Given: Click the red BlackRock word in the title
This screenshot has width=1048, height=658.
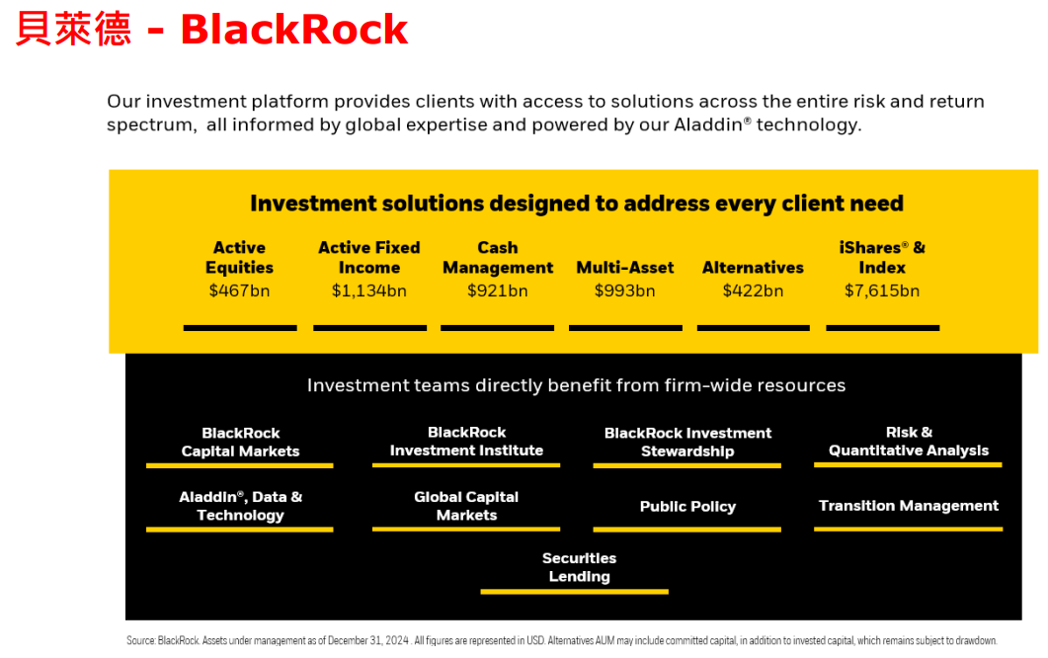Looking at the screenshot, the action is pyautogui.click(x=294, y=30).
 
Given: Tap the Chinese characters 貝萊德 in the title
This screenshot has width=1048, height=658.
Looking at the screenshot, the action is pyautogui.click(x=73, y=30).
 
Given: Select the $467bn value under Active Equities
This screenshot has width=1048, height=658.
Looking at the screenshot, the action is pyautogui.click(x=239, y=290).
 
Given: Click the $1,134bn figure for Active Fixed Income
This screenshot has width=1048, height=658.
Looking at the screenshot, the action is pyautogui.click(x=369, y=290).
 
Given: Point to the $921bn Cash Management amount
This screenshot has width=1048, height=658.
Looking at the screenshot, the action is pyautogui.click(x=497, y=290).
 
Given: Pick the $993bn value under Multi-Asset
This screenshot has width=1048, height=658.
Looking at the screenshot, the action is pyautogui.click(x=625, y=290).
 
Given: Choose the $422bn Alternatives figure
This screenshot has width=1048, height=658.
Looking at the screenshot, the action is pyautogui.click(x=753, y=290).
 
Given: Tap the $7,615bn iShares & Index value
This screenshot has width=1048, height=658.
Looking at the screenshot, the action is pyautogui.click(x=882, y=290).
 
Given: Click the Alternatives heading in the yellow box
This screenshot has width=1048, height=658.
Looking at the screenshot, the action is pyautogui.click(x=753, y=268).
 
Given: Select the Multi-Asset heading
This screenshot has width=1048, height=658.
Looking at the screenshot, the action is pyautogui.click(x=625, y=268).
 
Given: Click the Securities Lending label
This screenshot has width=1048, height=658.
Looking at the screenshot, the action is pyautogui.click(x=580, y=567).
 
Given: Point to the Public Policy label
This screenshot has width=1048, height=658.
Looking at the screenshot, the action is pyautogui.click(x=687, y=506).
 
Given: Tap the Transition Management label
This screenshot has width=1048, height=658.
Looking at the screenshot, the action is pyautogui.click(x=909, y=506).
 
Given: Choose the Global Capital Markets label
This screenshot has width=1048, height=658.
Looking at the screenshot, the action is pyautogui.click(x=466, y=506).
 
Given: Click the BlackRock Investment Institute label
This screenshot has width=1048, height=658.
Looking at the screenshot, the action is pyautogui.click(x=466, y=442).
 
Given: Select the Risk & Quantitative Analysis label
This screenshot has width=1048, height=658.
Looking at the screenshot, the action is pyautogui.click(x=909, y=442).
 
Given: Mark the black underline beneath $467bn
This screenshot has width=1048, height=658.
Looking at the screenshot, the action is pyautogui.click(x=240, y=328).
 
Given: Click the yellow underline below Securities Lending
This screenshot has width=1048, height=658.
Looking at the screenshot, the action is pyautogui.click(x=574, y=591).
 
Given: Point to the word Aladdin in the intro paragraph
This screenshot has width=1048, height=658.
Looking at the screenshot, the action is pyautogui.click(x=708, y=125).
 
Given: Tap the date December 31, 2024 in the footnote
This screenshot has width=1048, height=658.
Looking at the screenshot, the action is pyautogui.click(x=368, y=640).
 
